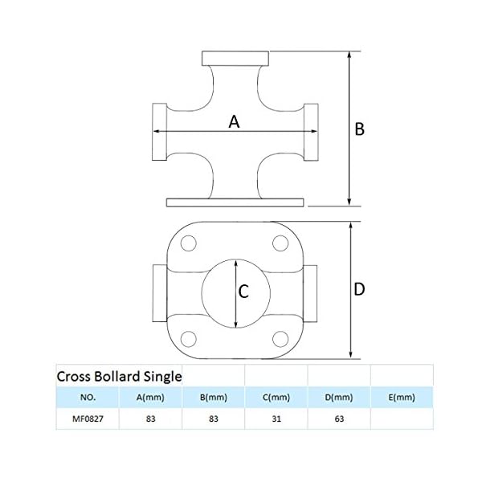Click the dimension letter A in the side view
(234, 122)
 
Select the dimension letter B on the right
(360, 129)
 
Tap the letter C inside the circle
(243, 293)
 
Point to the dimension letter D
(360, 289)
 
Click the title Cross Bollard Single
(119, 375)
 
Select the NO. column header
(88, 397)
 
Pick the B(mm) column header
(213, 397)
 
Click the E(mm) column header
(401, 397)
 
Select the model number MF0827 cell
(88, 419)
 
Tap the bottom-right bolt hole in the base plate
(280, 337)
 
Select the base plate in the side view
(235, 201)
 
